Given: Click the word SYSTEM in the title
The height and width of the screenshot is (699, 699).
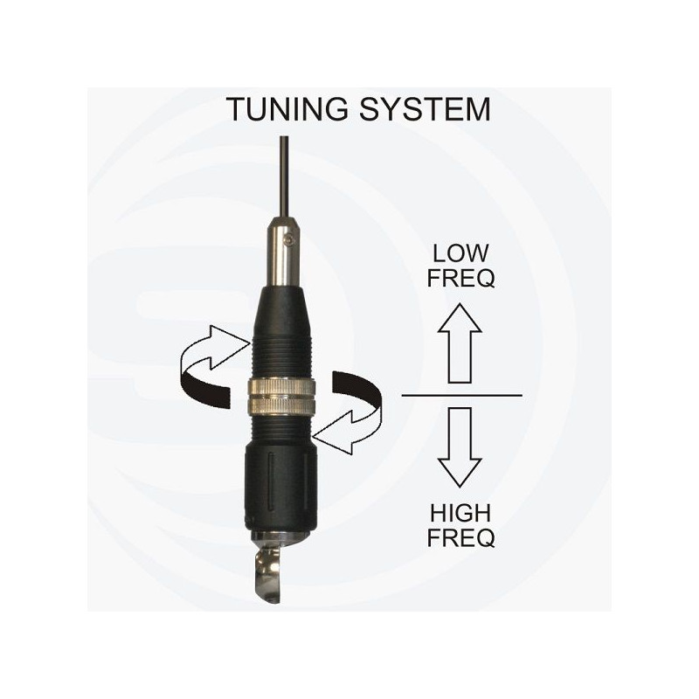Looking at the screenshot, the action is [425, 109].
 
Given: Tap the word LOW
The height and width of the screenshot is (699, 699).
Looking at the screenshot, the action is [460, 253].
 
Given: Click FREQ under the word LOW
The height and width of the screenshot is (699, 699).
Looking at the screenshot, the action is [461, 278].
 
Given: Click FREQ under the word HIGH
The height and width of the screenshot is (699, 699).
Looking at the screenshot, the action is [461, 538].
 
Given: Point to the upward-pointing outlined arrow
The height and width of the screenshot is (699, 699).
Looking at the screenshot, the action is [460, 343].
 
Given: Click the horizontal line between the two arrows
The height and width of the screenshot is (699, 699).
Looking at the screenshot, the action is [462, 396].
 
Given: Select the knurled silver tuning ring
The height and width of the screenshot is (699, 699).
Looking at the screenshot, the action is [282, 396].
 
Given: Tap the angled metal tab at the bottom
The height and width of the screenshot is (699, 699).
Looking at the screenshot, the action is [267, 573].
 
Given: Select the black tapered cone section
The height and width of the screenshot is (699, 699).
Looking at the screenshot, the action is [282, 312].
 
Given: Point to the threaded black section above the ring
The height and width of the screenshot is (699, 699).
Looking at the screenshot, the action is [282, 360].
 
